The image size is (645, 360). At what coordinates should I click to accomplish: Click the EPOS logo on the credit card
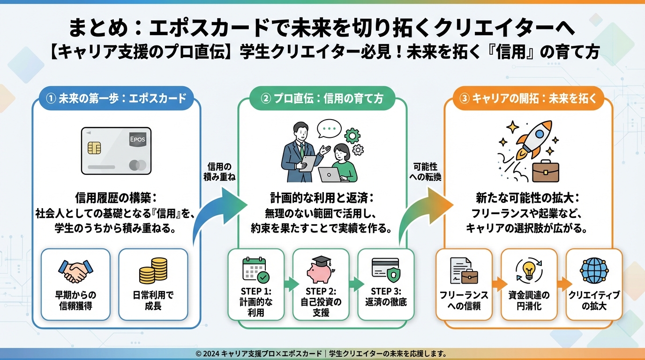click(137, 140)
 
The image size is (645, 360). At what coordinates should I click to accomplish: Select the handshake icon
click(76, 271)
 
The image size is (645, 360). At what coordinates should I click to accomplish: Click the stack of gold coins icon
click(153, 270)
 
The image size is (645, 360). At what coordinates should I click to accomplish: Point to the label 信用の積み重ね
click(219, 172)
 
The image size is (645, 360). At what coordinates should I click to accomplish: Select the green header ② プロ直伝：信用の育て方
click(322, 99)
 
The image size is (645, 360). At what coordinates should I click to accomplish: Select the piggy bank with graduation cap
click(321, 270)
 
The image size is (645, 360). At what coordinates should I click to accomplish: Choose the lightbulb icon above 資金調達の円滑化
click(529, 270)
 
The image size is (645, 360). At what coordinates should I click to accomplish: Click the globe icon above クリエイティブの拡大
click(593, 270)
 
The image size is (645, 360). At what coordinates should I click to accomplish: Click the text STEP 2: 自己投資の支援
click(321, 302)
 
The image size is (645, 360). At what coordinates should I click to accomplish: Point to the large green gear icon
click(352, 135)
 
